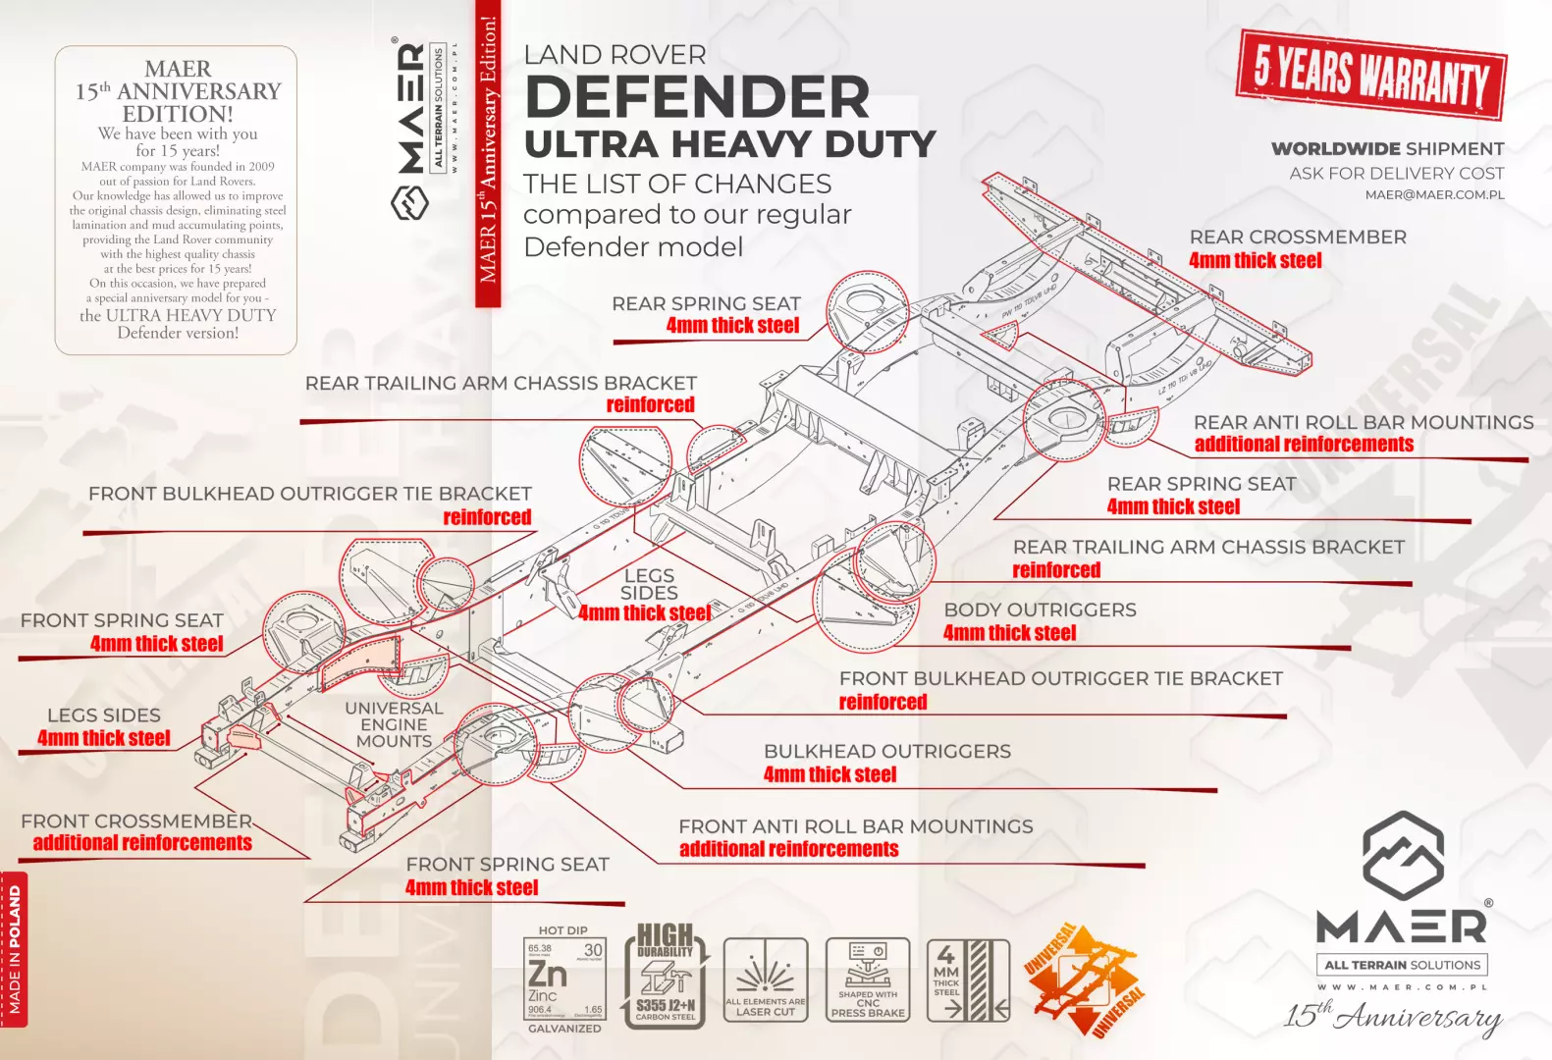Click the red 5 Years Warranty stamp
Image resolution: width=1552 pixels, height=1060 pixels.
click(x=1370, y=75)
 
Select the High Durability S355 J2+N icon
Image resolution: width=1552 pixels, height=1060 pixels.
click(x=666, y=977)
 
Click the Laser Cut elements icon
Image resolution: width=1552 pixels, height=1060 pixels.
click(x=766, y=980)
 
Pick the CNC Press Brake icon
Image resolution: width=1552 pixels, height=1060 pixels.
click(x=868, y=980)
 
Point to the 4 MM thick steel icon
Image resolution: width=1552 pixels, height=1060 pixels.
click(x=968, y=980)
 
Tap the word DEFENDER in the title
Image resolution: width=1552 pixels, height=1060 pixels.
click(x=697, y=97)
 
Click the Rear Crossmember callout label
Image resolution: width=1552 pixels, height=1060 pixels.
click(x=1297, y=238)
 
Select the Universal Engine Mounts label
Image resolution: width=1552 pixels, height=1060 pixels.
click(x=394, y=724)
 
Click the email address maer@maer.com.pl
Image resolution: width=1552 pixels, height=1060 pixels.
click(x=1434, y=195)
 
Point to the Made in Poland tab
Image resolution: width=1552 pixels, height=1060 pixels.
click(x=14, y=948)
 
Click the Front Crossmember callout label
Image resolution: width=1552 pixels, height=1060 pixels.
click(x=136, y=821)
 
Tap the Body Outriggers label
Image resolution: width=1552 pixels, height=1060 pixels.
click(x=1040, y=610)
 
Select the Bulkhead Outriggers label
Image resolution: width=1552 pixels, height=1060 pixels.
click(x=886, y=752)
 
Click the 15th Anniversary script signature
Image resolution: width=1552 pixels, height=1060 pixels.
click(x=1393, y=1016)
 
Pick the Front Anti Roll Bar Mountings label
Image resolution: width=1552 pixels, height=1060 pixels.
click(x=855, y=827)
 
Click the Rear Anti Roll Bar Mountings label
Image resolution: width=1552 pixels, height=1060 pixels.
click(x=1363, y=423)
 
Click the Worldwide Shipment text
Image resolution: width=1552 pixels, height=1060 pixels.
click(x=1387, y=149)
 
